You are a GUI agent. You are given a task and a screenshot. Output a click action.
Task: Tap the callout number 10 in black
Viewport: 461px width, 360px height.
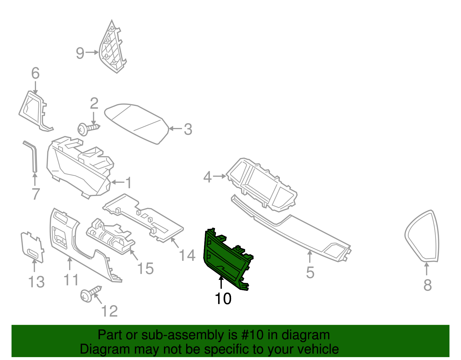pyautogui.click(x=223, y=299)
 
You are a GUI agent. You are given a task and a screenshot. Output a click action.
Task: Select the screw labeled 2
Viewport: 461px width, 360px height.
pyautogui.click(x=88, y=129)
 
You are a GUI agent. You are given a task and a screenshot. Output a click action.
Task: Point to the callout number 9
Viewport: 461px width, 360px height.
pyautogui.click(x=80, y=53)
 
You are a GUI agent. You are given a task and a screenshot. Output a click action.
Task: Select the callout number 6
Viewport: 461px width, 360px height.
pyautogui.click(x=35, y=73)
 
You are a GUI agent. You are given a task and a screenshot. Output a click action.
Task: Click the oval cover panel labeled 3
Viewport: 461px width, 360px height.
pyautogui.click(x=137, y=122)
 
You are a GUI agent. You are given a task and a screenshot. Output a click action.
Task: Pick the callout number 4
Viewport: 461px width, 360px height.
pyautogui.click(x=207, y=177)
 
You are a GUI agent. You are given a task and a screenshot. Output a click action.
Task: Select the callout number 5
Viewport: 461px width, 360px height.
pyautogui.click(x=310, y=272)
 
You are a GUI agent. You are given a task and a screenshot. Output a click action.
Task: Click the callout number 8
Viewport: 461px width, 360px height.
pyautogui.click(x=428, y=285)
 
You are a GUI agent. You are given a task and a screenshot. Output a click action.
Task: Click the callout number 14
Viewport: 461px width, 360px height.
pyautogui.click(x=187, y=255)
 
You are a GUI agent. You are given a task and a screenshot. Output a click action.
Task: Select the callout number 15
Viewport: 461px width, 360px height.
pyautogui.click(x=145, y=269)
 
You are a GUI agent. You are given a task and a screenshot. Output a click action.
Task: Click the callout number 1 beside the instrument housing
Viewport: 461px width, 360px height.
pyautogui.click(x=129, y=183)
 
